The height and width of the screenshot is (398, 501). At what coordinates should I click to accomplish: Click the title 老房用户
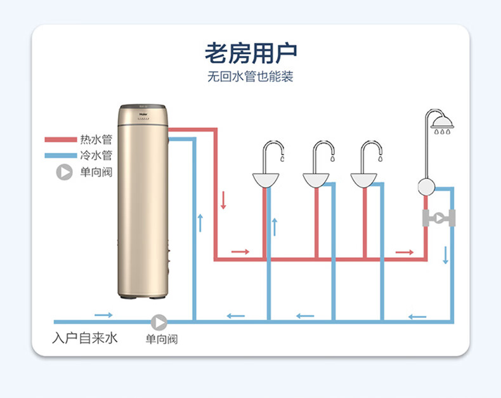pyautogui.click(x=251, y=53)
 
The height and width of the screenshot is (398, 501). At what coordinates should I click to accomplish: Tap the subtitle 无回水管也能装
pyautogui.click(x=251, y=78)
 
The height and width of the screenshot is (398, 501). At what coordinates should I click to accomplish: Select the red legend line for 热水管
pyautogui.click(x=60, y=140)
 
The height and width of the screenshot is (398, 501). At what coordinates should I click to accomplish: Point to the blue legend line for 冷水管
pyautogui.click(x=60, y=156)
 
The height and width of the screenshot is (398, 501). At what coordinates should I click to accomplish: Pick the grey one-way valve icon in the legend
pyautogui.click(x=64, y=172)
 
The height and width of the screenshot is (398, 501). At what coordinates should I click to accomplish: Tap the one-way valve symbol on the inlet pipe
pyautogui.click(x=159, y=322)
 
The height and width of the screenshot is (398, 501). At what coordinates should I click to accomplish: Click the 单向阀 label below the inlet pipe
pyautogui.click(x=162, y=340)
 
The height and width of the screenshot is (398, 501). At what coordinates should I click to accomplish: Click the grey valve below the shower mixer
pyautogui.click(x=439, y=217)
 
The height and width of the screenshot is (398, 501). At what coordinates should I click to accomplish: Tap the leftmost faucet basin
pyautogui.click(x=266, y=180)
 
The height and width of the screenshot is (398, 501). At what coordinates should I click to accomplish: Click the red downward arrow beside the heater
pyautogui.click(x=223, y=201)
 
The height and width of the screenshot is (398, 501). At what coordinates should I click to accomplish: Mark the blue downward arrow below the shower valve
pyautogui.click(x=445, y=255)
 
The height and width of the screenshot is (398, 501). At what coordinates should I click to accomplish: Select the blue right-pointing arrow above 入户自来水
pyautogui.click(x=103, y=315)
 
